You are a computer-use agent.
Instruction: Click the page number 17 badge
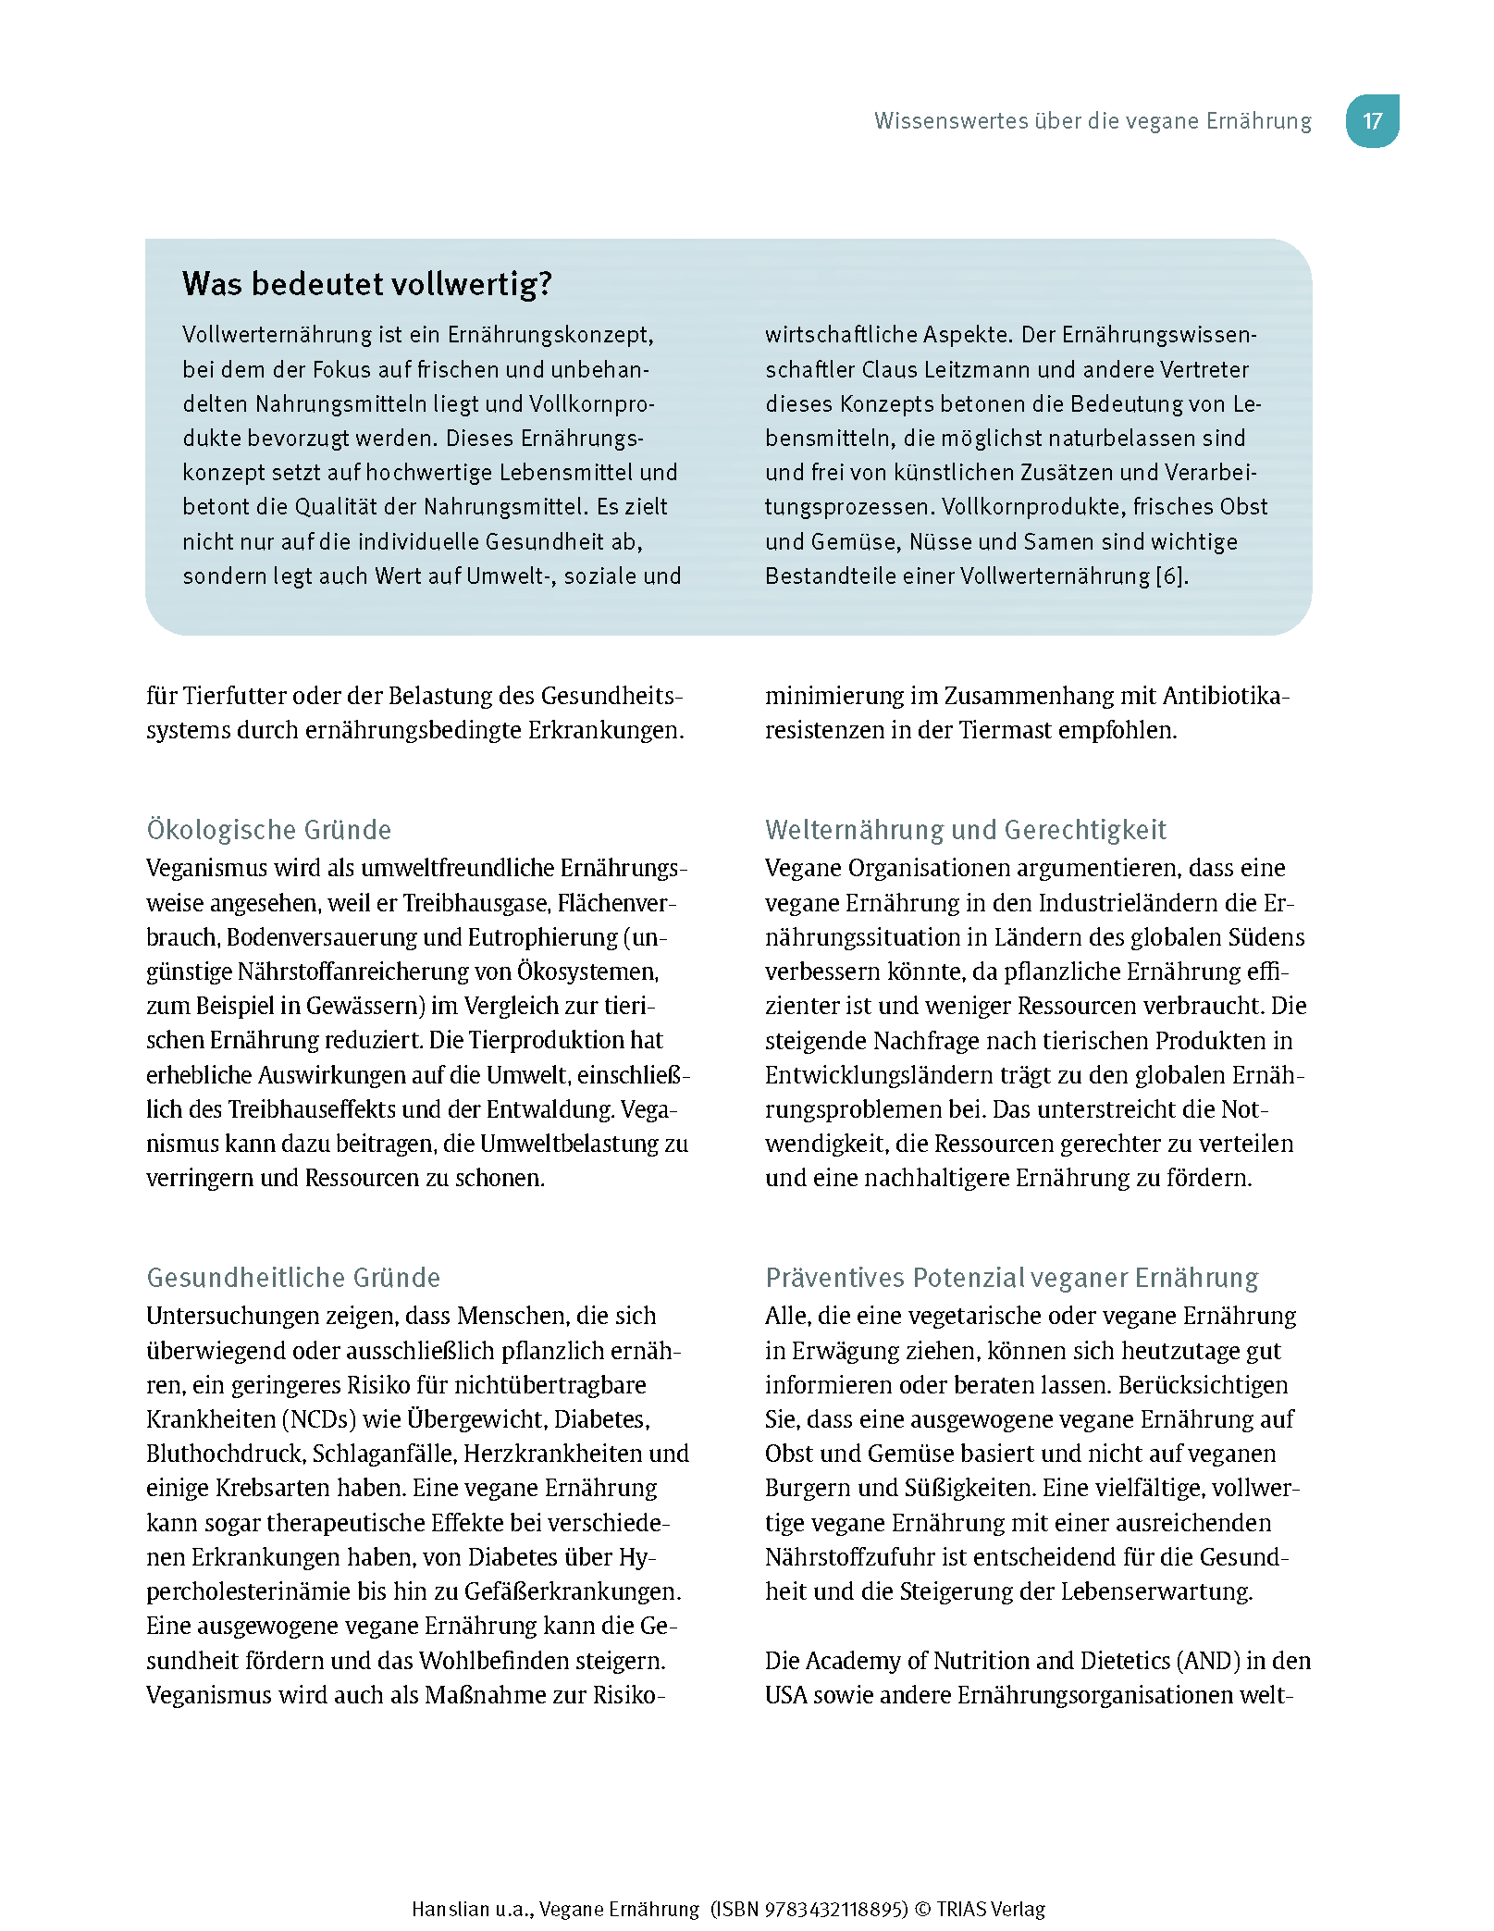1371,121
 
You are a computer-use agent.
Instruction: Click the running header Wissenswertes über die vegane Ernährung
1093,121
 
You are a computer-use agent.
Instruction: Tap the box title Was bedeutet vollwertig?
366,283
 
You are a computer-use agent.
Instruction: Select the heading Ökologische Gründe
268,829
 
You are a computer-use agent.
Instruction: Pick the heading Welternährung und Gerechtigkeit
965,829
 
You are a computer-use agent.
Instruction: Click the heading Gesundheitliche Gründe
293,1277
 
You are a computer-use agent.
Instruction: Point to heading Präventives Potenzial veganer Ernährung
1011,1277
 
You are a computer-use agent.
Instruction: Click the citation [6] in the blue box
1170,576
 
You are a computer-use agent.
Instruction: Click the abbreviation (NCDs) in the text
318,1418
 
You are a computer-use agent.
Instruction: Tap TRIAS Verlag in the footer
990,1909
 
